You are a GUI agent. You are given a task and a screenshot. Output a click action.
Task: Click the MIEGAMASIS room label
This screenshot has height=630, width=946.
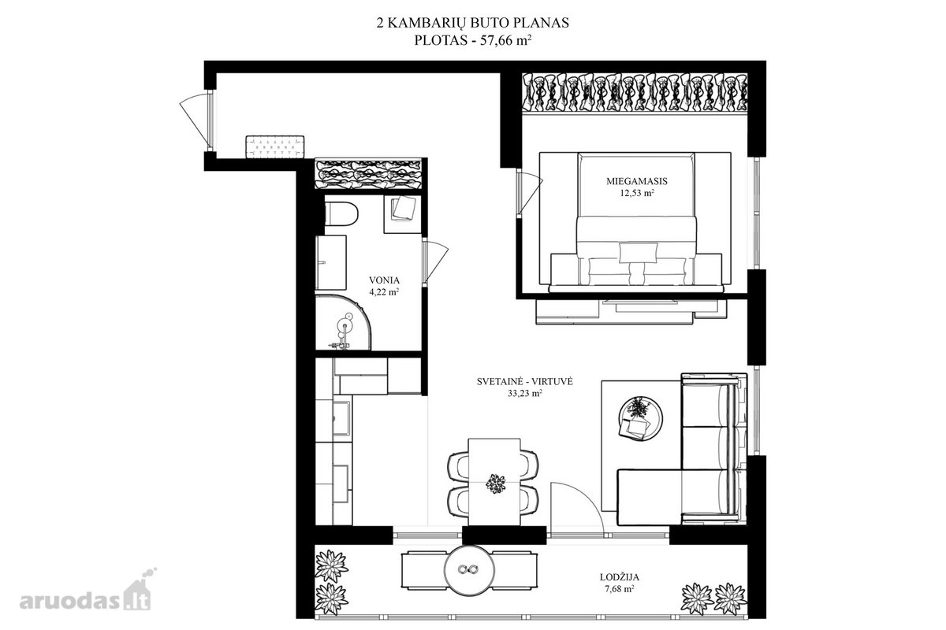click(x=637, y=181)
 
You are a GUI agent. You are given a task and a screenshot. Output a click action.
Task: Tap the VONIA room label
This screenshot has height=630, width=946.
click(x=385, y=280)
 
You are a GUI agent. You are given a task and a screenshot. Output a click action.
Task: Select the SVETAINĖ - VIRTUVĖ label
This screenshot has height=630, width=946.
click(x=525, y=381)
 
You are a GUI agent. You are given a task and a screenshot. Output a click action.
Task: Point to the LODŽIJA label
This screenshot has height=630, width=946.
click(x=620, y=577)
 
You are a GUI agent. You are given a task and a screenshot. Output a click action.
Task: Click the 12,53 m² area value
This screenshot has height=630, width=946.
click(x=637, y=193)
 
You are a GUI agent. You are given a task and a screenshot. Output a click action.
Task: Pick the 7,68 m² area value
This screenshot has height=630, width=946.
click(x=620, y=589)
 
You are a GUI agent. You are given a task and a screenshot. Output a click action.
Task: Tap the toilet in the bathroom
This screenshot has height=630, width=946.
click(x=341, y=213)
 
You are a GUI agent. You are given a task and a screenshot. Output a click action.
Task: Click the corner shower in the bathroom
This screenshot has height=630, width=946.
click(x=343, y=323)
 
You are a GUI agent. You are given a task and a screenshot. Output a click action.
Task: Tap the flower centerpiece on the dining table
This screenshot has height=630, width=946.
click(x=495, y=484)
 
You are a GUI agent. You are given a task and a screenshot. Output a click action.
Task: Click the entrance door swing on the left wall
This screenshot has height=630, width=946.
click(x=196, y=122)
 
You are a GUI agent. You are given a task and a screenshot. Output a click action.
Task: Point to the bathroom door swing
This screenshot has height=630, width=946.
click(x=435, y=261)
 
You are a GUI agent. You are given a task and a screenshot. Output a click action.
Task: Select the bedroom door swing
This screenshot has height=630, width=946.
click(x=530, y=194)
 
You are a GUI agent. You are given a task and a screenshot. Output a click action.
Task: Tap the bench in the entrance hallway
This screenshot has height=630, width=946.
click(x=275, y=146)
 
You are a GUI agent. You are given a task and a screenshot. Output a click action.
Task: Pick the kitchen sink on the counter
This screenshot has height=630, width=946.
click(x=342, y=417)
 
